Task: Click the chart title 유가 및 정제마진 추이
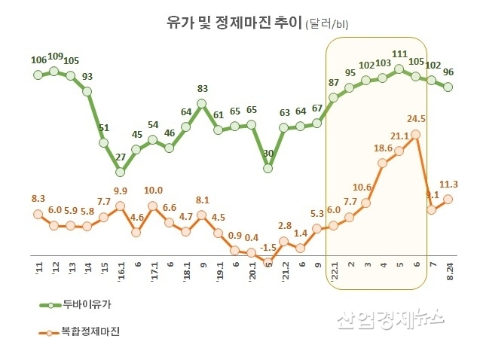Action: click(233, 22)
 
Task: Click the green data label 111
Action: click(399, 55)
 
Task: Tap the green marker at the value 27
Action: click(121, 172)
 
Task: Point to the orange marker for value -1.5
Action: click(268, 262)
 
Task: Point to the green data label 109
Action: click(55, 56)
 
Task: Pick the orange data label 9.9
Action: click(121, 191)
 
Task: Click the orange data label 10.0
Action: click(153, 191)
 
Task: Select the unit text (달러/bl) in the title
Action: click(328, 24)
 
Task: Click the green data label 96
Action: click(448, 72)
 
